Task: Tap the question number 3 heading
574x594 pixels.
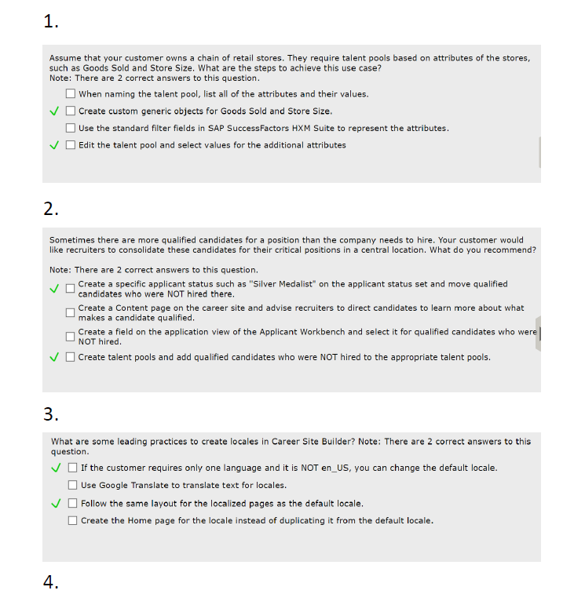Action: click(x=51, y=414)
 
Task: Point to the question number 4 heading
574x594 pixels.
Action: click(x=51, y=582)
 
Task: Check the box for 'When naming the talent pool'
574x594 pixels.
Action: click(x=71, y=94)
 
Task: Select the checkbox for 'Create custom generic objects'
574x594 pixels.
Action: click(x=71, y=111)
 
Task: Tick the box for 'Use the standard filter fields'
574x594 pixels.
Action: click(x=71, y=128)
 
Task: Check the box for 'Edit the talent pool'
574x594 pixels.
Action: click(x=71, y=145)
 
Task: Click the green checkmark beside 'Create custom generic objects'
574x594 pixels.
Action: click(x=55, y=111)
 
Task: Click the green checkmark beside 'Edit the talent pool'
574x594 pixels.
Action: click(x=55, y=145)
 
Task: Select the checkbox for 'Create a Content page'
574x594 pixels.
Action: click(x=71, y=313)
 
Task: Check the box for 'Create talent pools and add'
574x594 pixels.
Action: click(x=71, y=358)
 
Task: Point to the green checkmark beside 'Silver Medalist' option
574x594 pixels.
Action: click(x=55, y=289)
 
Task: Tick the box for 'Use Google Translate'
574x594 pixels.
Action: click(x=73, y=485)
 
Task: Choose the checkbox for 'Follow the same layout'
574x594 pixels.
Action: click(x=73, y=504)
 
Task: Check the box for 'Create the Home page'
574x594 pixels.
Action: click(x=73, y=520)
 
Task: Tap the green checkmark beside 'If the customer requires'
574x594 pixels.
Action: click(x=57, y=468)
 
